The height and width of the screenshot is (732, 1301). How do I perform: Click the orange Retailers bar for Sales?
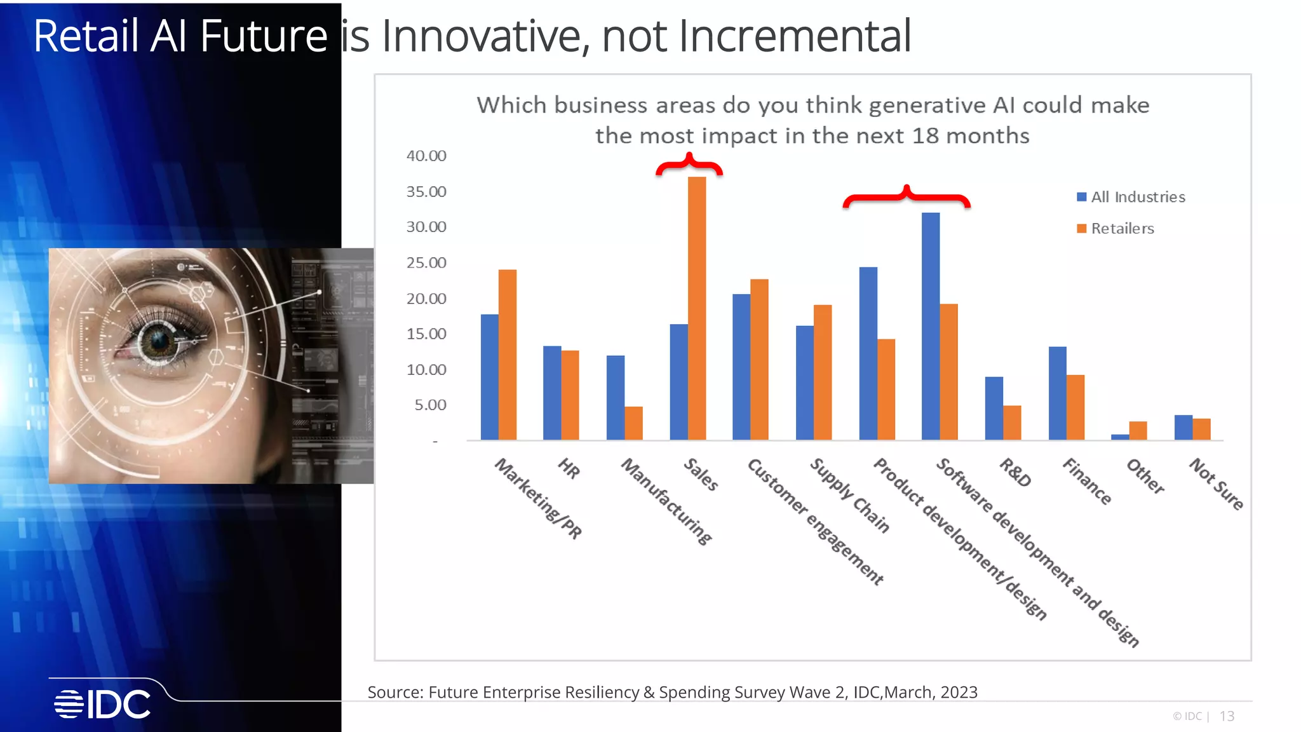coord(697,308)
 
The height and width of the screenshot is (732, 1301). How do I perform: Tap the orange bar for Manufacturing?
coord(633,423)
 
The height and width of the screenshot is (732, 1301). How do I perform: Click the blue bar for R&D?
coord(994,408)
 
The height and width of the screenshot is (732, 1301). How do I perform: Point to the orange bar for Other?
coord(1138,430)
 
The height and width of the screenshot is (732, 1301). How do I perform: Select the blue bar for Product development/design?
coord(868,353)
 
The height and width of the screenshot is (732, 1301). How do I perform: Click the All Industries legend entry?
coord(1131,197)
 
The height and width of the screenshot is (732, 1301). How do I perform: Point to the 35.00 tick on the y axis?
coord(426,192)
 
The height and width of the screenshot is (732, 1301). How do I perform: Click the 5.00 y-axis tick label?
coord(430,405)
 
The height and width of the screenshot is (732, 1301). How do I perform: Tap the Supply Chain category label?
coord(849,495)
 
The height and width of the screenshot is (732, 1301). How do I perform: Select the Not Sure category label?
coord(1216,484)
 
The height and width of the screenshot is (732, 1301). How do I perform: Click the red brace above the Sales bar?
coord(689,165)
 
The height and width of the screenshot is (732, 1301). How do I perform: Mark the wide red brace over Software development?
coord(907,197)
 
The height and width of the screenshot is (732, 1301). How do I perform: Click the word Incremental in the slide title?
coord(794,36)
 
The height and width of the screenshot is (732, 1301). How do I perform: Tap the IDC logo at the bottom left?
coord(102,704)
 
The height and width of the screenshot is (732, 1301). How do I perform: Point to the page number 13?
coord(1227,716)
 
